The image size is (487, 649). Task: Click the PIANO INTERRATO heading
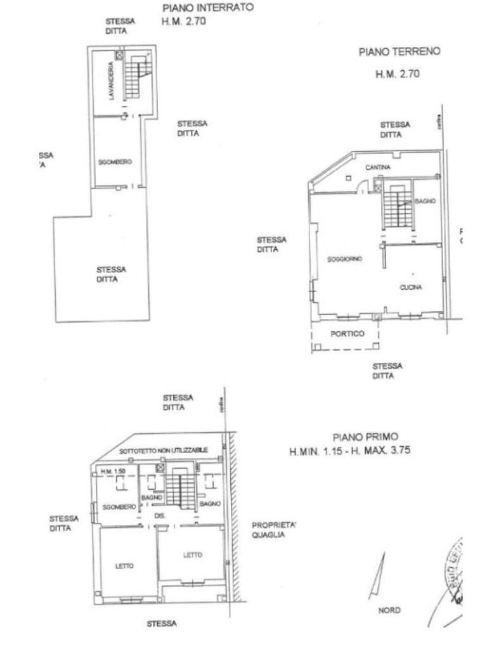[x=208, y=8]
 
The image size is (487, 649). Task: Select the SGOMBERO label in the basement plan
[x=115, y=162]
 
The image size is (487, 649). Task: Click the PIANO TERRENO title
[x=399, y=52]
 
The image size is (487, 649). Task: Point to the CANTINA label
[x=377, y=167]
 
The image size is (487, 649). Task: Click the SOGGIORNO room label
[x=344, y=259]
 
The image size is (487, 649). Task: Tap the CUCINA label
[x=410, y=287]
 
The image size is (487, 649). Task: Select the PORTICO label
[x=348, y=333]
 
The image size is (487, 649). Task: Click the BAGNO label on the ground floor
[x=424, y=201]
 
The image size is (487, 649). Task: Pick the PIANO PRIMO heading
[x=366, y=437]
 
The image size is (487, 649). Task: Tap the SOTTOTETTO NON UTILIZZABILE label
[x=164, y=449]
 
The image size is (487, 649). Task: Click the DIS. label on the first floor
[x=160, y=516]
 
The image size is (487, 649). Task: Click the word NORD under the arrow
[x=389, y=610]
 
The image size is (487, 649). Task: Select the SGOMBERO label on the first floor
[x=118, y=507]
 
